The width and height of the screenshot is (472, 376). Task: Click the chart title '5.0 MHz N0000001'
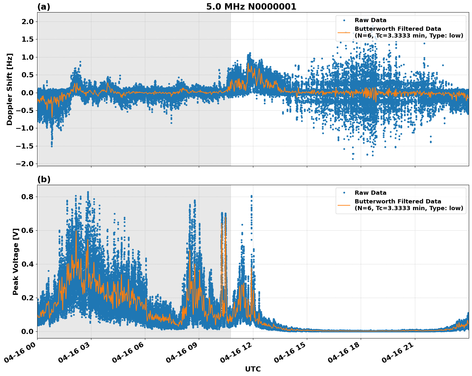[x=251, y=7]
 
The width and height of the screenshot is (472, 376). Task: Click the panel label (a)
[x=44, y=7]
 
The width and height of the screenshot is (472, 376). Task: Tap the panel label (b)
[x=44, y=179]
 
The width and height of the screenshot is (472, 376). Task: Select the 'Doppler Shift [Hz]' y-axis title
[x=10, y=89]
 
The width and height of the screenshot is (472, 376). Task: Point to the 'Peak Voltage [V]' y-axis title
[x=16, y=261]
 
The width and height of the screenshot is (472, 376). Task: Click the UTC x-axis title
[x=253, y=369]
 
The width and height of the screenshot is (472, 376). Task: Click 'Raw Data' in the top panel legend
[x=370, y=20]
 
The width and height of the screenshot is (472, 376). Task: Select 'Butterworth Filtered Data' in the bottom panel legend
[x=398, y=201]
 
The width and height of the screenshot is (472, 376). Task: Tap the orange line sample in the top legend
[x=344, y=32]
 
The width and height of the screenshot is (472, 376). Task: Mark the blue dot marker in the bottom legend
[x=344, y=193]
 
